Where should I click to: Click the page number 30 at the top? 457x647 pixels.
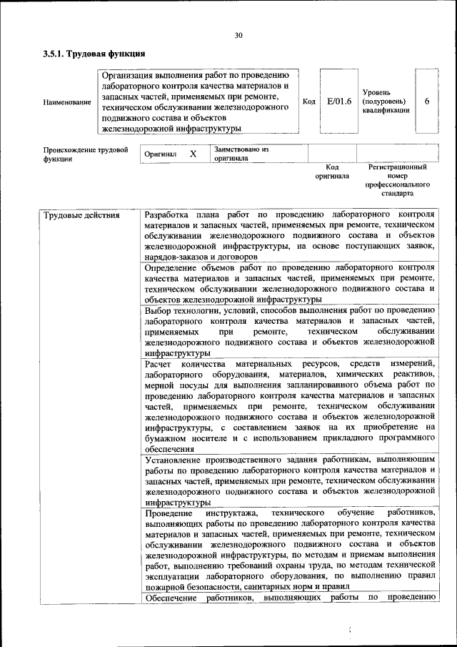coord(238,35)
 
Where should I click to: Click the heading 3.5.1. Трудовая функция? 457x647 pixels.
coord(94,54)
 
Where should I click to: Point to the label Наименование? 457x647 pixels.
coord(67,102)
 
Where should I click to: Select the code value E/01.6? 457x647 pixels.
coord(339,102)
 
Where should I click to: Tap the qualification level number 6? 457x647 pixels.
coord(426,102)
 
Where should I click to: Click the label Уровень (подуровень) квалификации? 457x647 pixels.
coord(386,102)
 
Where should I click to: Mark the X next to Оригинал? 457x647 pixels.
coord(193,154)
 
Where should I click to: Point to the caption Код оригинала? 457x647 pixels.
coord(331,171)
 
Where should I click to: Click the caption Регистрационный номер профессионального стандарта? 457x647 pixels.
coord(398,179)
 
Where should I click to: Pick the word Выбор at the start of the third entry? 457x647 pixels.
coord(158,310)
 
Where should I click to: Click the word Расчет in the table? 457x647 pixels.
coord(159,365)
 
